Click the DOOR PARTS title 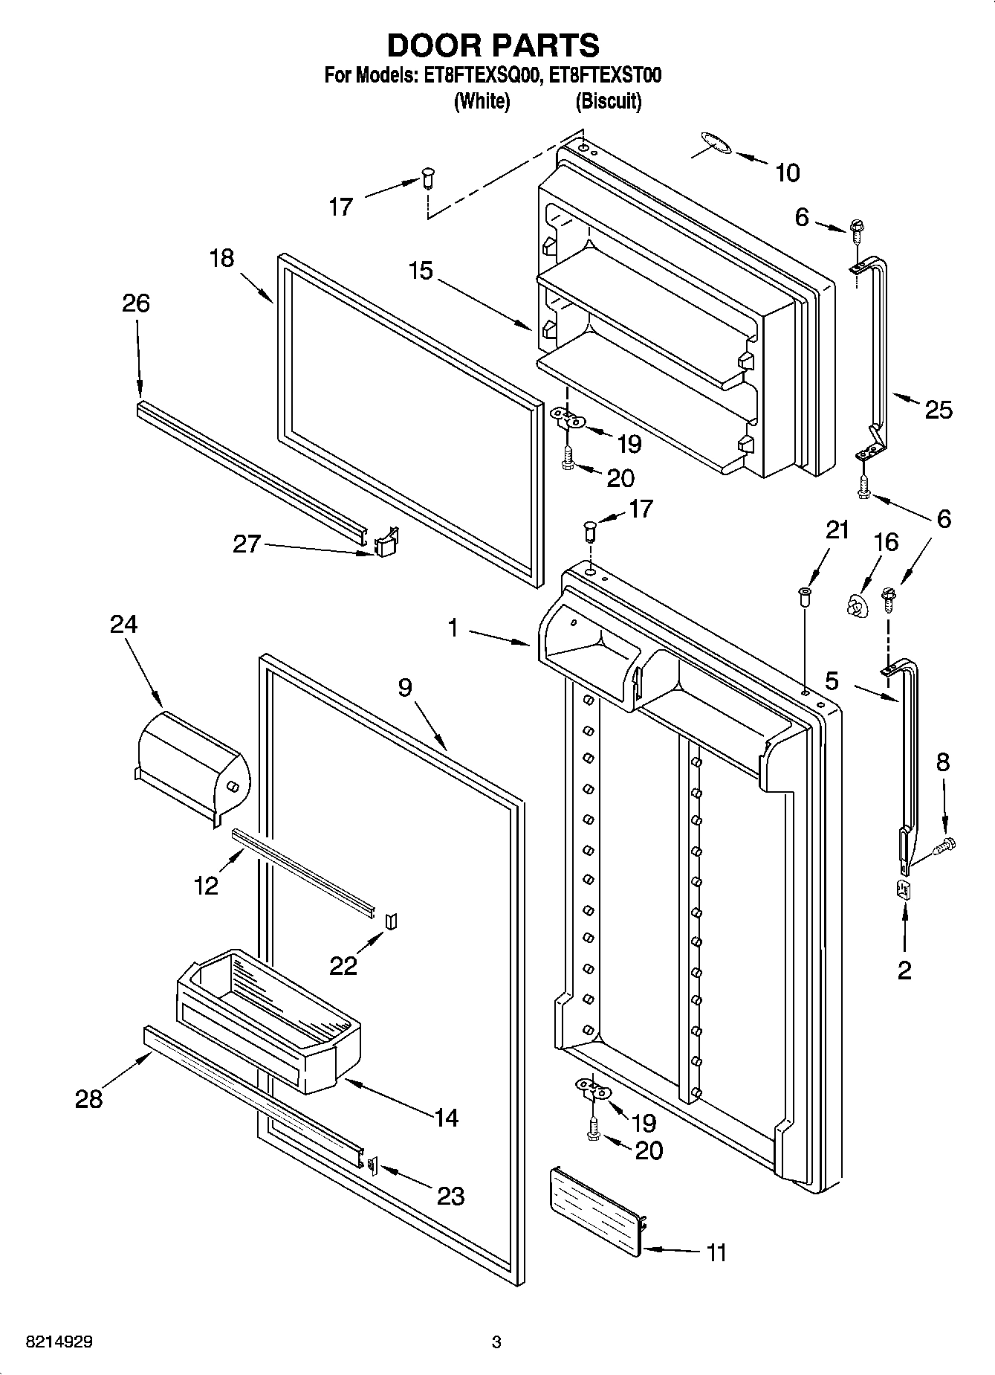tap(493, 45)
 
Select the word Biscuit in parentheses tap(608, 101)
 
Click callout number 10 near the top tap(787, 173)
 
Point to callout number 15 tap(421, 270)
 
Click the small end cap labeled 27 tap(385, 545)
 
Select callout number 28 tap(88, 1098)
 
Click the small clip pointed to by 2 tap(904, 889)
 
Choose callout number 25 tap(938, 409)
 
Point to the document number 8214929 tap(59, 1342)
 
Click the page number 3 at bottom tap(496, 1342)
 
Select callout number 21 tap(837, 529)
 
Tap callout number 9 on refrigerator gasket tap(404, 687)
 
